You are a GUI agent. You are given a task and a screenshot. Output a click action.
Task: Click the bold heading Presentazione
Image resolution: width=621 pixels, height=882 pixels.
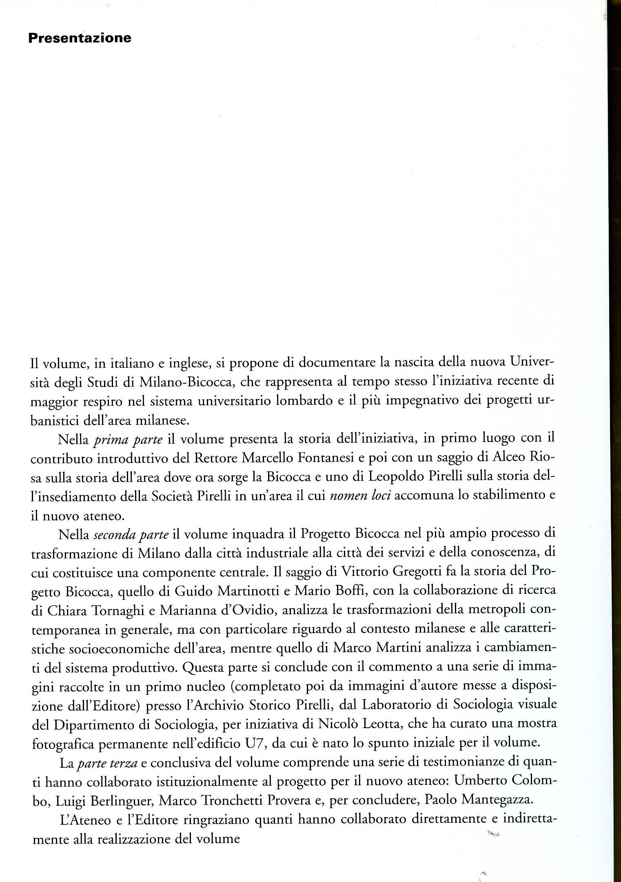tap(80, 38)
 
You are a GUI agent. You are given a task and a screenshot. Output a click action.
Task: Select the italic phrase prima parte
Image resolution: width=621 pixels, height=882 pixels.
tap(129, 440)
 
